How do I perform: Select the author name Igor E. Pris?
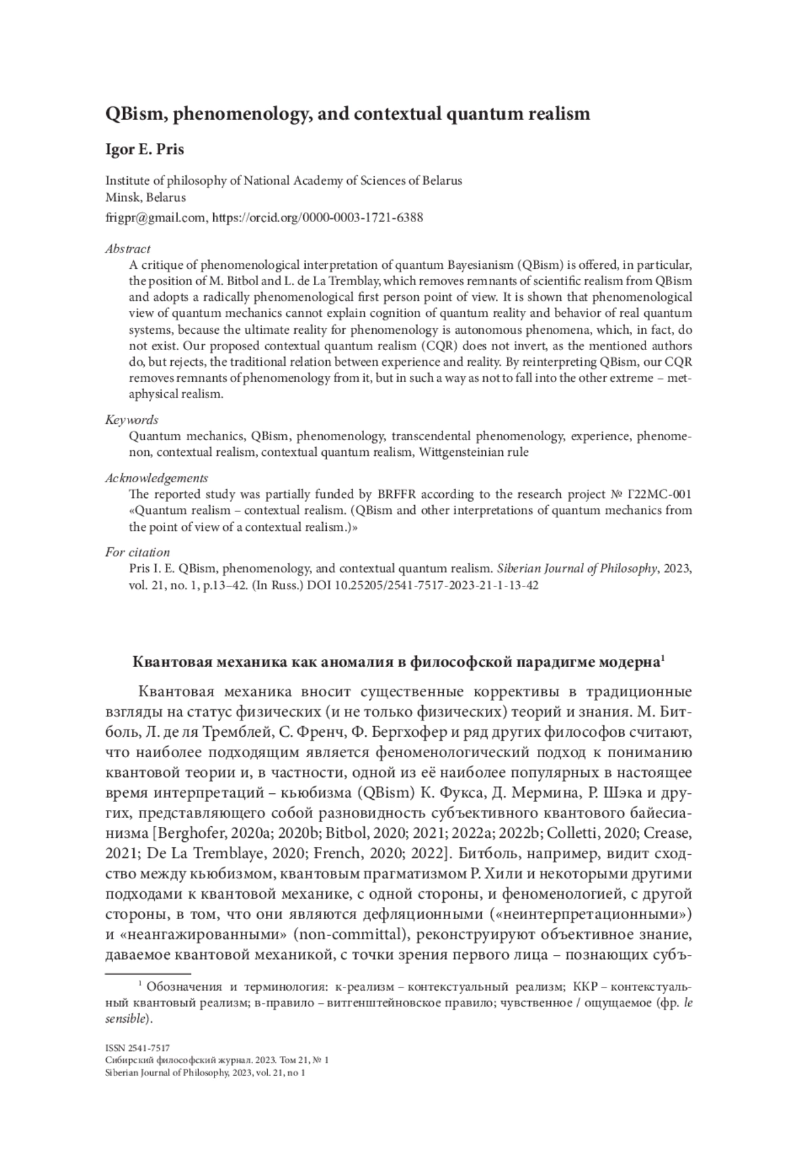(144, 150)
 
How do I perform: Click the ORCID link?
(318, 217)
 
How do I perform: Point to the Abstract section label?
(127, 249)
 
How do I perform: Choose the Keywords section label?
(131, 419)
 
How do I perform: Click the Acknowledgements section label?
(156, 477)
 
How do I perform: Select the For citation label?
(137, 552)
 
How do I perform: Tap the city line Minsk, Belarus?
(145, 198)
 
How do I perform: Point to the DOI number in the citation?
(433, 585)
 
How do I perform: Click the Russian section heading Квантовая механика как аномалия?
(396, 662)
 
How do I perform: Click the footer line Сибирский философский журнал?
(217, 1060)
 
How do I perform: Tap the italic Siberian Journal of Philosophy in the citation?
(578, 568)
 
